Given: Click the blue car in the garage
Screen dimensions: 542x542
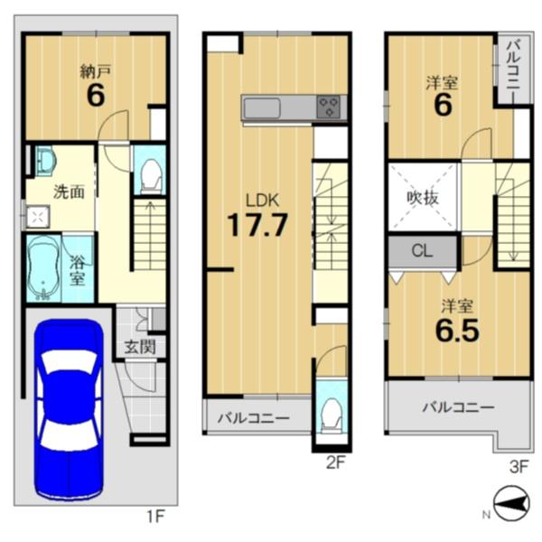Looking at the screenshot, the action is point(69,409).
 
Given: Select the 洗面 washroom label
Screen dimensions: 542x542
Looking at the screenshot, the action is point(69,192).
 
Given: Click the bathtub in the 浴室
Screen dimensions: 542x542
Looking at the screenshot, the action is point(43,268).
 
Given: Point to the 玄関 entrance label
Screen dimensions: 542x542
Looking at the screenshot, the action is point(140,347).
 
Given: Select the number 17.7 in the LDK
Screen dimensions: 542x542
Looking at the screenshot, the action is point(257,225).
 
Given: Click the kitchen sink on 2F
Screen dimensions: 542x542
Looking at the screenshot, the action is point(262,107).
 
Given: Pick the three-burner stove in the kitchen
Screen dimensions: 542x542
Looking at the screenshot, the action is point(329,107).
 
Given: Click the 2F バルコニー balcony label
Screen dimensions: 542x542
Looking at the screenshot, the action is point(253,419).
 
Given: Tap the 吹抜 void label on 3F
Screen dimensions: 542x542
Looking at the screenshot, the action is point(423,198).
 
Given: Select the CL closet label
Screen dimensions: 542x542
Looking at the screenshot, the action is point(422,251).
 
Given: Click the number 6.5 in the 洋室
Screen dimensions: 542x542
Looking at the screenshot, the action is point(457,331).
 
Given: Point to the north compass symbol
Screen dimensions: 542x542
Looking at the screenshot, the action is point(512,504).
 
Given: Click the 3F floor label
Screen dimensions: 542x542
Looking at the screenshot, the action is point(519,467).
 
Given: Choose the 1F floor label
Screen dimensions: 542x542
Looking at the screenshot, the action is point(157,517).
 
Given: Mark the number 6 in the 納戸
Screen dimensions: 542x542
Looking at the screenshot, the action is point(96,96).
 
